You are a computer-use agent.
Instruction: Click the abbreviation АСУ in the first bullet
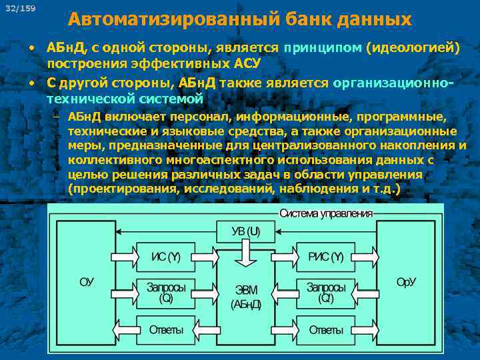[245, 63]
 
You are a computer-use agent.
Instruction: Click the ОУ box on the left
[87, 282]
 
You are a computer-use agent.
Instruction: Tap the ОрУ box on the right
[406, 282]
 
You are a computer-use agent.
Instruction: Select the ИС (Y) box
[166, 257]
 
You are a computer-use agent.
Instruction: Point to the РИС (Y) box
[325, 257]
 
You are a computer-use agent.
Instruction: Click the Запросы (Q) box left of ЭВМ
[166, 293]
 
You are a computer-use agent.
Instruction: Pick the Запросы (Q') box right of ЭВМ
[325, 293]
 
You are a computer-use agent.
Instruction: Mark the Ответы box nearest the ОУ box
[166, 330]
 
